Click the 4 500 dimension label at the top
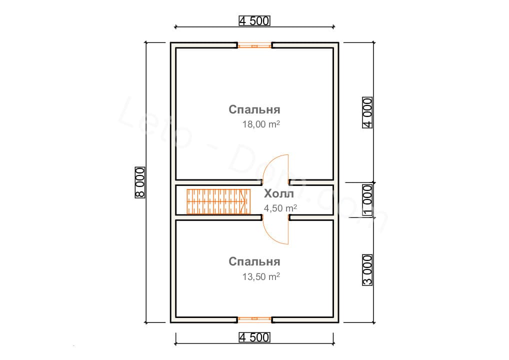(x=254, y=21)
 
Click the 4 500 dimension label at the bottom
(x=254, y=337)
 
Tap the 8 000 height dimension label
(x=140, y=182)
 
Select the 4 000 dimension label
(x=367, y=112)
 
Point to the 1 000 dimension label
(x=367, y=200)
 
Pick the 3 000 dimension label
(x=367, y=270)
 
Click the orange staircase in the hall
(x=218, y=201)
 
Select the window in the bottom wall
(x=254, y=319)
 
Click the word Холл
(x=279, y=194)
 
